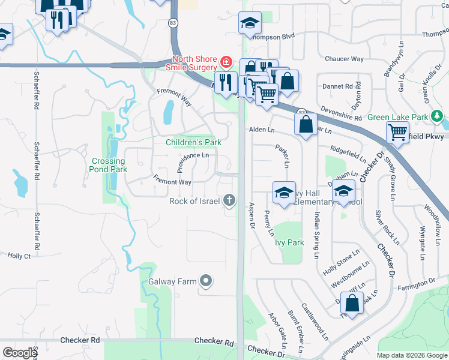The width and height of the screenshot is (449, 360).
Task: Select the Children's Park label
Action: coord(193,142)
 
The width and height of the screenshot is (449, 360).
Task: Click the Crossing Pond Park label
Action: coord(109,165)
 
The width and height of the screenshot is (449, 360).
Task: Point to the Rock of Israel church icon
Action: coord(229,200)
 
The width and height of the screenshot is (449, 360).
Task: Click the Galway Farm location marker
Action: coord(206,280)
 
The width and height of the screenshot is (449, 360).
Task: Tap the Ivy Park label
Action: coord(289,243)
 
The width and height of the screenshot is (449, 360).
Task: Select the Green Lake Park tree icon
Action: coord(438,116)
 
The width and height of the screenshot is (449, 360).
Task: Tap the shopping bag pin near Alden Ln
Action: coord(306,124)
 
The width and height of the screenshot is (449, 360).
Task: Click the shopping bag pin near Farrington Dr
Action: coord(352,304)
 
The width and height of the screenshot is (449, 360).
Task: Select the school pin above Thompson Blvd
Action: coord(250,23)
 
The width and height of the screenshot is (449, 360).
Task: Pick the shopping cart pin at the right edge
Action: coord(397,131)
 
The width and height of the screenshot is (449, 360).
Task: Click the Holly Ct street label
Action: coord(19,256)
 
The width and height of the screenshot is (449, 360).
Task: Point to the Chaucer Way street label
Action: coord(344,59)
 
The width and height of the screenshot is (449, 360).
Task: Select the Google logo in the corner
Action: coord(20,353)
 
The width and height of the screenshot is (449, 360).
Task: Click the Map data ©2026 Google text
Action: coord(411,355)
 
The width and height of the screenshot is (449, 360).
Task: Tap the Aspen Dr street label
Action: coord(252,215)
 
